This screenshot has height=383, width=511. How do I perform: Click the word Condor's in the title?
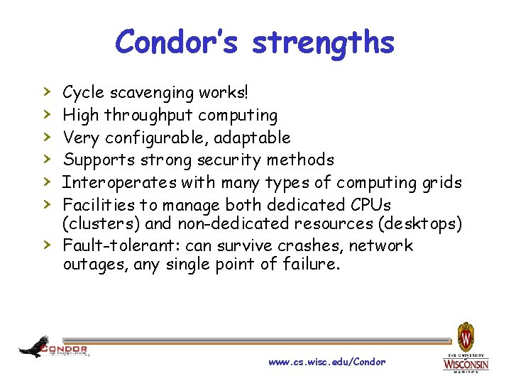(179, 42)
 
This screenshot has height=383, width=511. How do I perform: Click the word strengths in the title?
(323, 42)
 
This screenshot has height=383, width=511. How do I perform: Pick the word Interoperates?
(120, 182)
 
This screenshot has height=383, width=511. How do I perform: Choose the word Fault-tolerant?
(114, 246)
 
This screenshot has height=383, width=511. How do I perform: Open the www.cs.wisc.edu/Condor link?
(327, 362)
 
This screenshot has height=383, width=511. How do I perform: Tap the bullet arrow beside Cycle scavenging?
(47, 91)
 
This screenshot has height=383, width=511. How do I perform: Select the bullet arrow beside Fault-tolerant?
(47, 245)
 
